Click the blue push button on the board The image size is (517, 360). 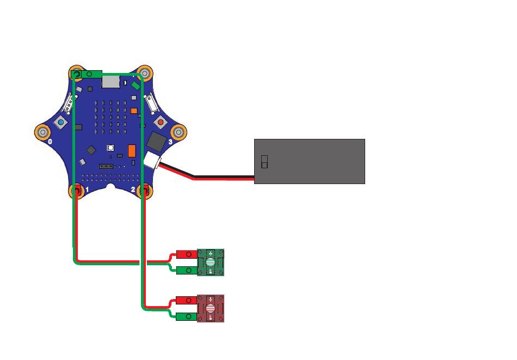point(60,123)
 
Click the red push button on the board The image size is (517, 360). point(160,122)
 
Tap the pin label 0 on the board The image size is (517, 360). point(50,142)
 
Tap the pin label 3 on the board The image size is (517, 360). point(170,142)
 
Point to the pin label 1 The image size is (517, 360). point(87,190)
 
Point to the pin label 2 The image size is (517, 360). point(133,190)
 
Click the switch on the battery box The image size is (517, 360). point(264,161)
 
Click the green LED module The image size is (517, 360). point(210,262)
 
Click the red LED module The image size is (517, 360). point(210,308)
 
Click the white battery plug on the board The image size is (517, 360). point(152,160)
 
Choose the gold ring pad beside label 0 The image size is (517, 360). point(42,132)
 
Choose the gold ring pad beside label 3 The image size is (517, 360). point(179,132)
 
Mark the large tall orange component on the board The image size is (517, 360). point(132,151)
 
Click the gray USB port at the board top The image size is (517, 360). point(111,82)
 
